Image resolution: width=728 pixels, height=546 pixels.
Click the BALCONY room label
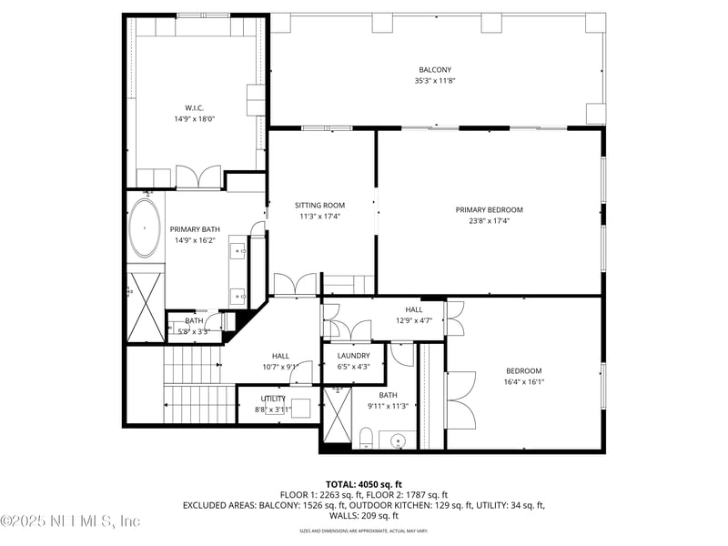[x=434, y=69]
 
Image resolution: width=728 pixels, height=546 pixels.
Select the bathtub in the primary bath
[x=144, y=227]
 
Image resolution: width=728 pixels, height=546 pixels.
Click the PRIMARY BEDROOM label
[x=489, y=209]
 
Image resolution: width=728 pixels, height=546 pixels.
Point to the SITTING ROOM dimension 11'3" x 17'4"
[x=320, y=217]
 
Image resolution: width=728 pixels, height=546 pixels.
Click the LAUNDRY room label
[x=353, y=356]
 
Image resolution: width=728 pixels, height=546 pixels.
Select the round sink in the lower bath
[x=398, y=441]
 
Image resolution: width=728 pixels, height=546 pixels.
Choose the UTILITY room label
[x=273, y=399]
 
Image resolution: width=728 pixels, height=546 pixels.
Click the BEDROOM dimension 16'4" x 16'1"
[x=523, y=382]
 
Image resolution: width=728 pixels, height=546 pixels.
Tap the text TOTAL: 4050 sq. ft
[x=363, y=484]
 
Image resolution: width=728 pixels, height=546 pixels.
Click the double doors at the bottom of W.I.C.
[x=198, y=177]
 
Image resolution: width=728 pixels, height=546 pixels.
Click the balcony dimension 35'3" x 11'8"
[x=434, y=81]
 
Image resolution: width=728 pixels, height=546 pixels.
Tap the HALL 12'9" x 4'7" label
[x=414, y=315]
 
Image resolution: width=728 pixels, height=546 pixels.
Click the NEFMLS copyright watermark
[x=71, y=521]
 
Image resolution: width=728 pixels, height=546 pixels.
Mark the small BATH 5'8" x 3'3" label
[x=194, y=326]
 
